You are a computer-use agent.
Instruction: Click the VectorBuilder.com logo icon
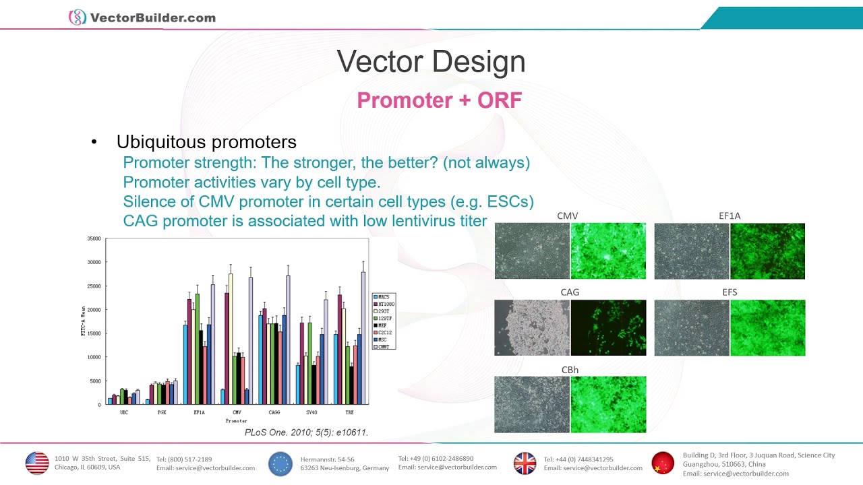78,18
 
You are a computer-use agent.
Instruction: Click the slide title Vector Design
431,62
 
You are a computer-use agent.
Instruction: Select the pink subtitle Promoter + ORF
439,100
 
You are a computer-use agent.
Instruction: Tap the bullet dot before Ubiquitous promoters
94,143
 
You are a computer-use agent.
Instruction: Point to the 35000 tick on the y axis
93,238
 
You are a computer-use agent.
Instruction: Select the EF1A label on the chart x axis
199,412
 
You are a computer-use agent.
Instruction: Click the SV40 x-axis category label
311,412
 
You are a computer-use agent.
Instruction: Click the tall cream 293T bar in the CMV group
231,337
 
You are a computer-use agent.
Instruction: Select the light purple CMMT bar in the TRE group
363,337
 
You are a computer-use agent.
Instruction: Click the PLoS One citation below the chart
306,432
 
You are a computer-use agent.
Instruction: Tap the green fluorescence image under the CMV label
608,251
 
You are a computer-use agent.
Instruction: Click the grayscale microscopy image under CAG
532,327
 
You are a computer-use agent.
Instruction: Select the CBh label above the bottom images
570,370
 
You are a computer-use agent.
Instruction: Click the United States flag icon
37,463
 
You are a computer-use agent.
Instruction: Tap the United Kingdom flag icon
525,463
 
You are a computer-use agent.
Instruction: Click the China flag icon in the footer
663,463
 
